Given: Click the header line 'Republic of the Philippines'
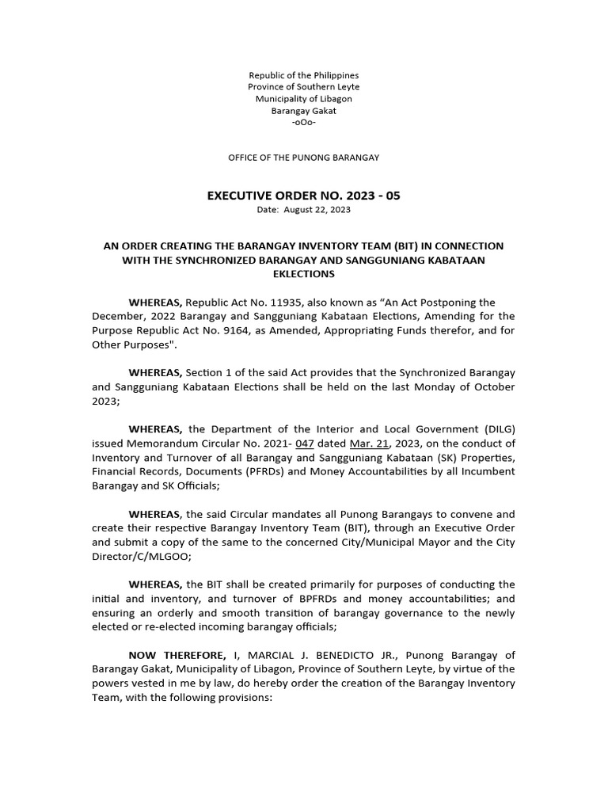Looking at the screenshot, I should click(x=304, y=75).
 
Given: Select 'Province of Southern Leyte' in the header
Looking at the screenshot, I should click(x=304, y=87).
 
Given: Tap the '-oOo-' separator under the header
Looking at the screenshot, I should click(x=304, y=123).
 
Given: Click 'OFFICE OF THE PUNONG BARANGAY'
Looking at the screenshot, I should click(x=304, y=158).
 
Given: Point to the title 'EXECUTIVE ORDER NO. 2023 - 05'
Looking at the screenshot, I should click(x=304, y=196).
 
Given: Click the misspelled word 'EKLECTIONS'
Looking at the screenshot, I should click(x=304, y=274).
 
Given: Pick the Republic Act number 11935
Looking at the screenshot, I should click(x=287, y=303).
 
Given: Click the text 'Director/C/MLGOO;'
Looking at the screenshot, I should click(x=138, y=557).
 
